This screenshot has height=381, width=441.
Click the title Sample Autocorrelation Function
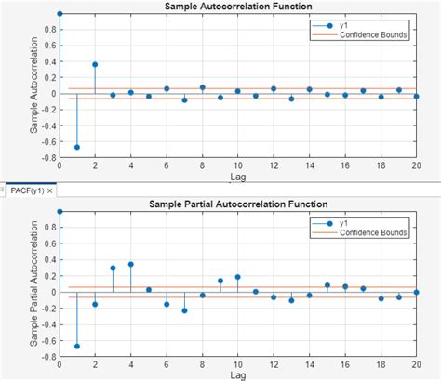[x=237, y=7]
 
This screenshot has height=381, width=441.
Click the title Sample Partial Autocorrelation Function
[x=237, y=204]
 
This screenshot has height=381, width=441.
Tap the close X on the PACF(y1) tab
[x=49, y=190]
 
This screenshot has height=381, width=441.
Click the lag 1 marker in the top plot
[x=77, y=147]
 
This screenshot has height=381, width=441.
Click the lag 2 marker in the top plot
[x=95, y=64]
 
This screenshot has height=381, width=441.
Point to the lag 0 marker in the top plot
[x=60, y=14]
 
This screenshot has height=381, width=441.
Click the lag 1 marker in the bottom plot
[x=77, y=346]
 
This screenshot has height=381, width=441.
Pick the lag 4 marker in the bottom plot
[x=130, y=264]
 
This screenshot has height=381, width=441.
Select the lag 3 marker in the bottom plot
[x=113, y=268]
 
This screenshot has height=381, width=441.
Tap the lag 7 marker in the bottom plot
[x=184, y=310]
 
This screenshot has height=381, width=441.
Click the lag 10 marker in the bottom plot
[x=237, y=277]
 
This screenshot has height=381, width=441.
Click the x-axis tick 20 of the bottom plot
[x=415, y=367]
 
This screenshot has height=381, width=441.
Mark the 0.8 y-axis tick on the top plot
[x=47, y=29]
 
